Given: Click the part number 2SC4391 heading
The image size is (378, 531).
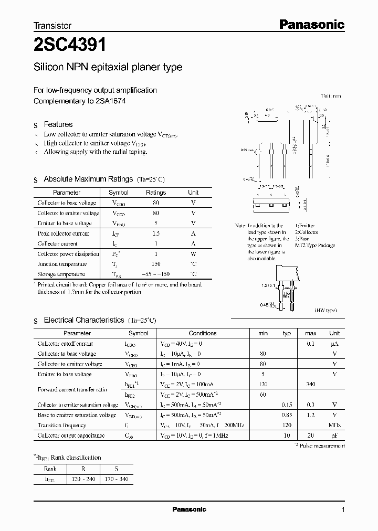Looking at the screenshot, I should point(70,46).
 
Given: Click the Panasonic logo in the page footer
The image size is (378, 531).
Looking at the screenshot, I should point(190,509).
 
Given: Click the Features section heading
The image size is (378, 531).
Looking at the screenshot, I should point(58,124).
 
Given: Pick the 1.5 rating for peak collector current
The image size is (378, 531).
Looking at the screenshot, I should point(155,234).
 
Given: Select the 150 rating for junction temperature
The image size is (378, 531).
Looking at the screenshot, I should point(155,264).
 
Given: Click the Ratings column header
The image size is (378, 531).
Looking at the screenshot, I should point(155,193).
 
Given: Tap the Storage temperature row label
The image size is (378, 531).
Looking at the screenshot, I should point(61,274).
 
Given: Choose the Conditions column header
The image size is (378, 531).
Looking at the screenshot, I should point(203,333).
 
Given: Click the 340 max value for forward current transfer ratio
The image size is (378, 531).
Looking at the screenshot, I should point(310,385).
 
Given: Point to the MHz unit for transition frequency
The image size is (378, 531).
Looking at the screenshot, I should point(334,426).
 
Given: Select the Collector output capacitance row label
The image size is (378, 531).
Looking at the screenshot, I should point(71,436).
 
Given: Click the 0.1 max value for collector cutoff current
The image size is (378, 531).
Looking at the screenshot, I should point(310,344).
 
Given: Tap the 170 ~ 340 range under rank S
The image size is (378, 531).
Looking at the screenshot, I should point(116,480).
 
